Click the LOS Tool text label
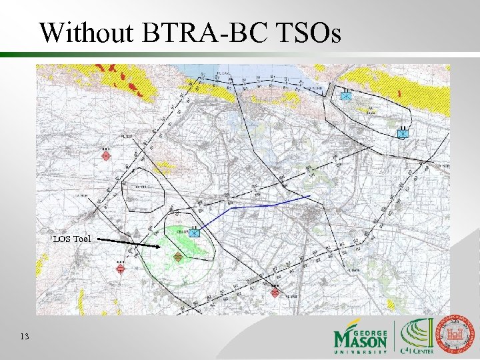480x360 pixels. point(72,239)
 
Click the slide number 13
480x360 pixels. point(25,337)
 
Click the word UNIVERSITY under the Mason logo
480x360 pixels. point(361,351)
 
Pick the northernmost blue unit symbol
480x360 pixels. point(345,96)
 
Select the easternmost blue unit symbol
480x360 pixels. point(402,133)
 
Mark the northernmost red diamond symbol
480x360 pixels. point(105,156)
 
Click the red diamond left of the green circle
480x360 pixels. point(120,268)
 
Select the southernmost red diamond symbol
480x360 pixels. point(275,293)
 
